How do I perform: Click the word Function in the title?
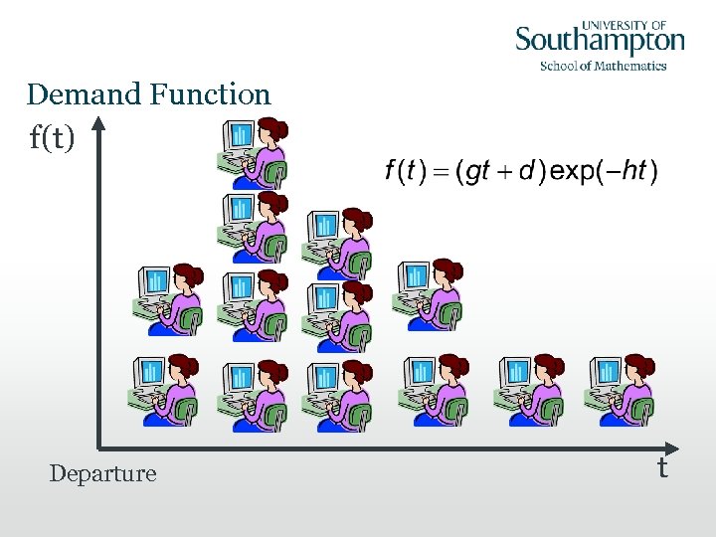[210, 95]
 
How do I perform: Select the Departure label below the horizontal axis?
[103, 473]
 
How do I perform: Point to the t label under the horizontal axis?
[661, 467]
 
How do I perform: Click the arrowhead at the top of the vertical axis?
[99, 124]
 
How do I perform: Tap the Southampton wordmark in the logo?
[600, 42]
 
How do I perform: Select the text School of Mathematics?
[603, 67]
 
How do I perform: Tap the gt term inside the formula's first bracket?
[478, 172]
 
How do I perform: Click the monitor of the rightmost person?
[608, 372]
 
